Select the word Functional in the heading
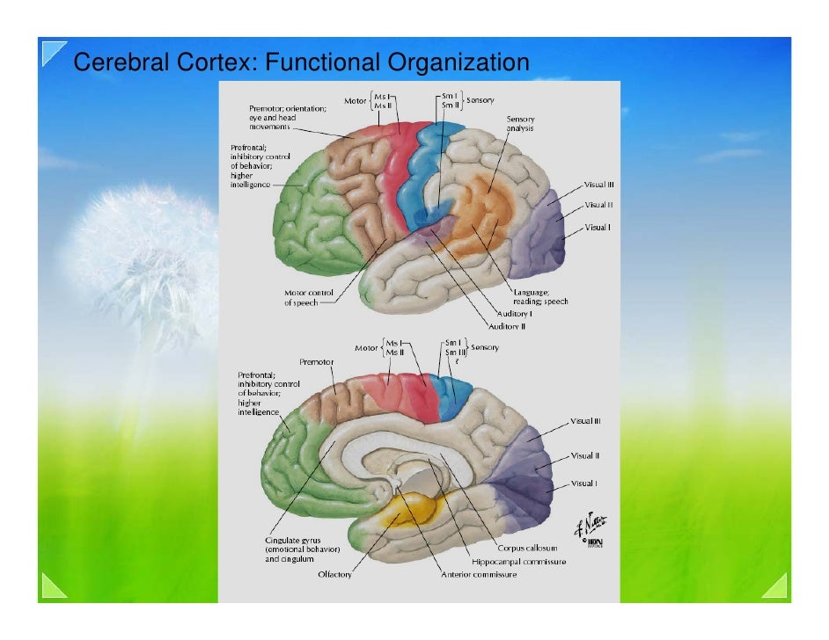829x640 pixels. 314,64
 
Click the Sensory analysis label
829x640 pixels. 520,124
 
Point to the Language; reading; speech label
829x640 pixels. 540,296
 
